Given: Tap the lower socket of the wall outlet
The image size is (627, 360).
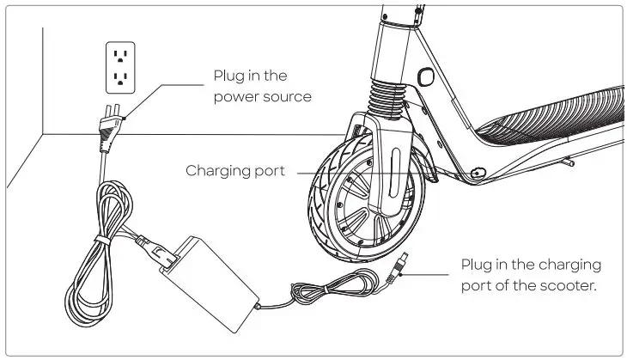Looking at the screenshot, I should (x=120, y=80).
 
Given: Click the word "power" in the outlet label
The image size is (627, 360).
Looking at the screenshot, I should (x=237, y=97).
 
